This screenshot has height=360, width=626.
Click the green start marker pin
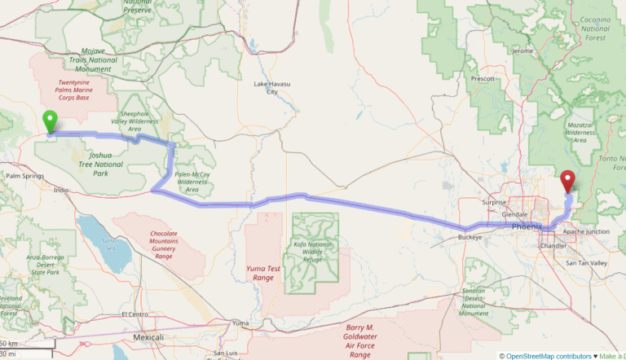click(50, 122)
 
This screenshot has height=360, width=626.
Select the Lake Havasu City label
click(272, 87)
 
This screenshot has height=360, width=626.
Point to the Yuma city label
click(240, 323)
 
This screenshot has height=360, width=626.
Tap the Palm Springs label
click(24, 175)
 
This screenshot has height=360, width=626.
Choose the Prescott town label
click(484, 78)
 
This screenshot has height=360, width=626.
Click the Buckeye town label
click(470, 237)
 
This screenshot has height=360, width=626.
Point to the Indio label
click(61, 190)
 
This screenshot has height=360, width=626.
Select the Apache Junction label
click(586, 231)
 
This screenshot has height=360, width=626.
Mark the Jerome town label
click(522, 51)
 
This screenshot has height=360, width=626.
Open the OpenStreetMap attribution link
click(538, 355)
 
